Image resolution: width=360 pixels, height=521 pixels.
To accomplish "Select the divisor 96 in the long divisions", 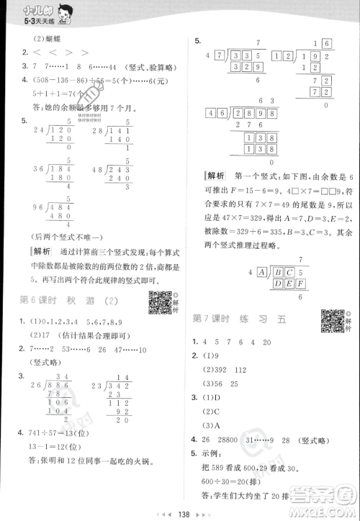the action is (29, 207).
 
